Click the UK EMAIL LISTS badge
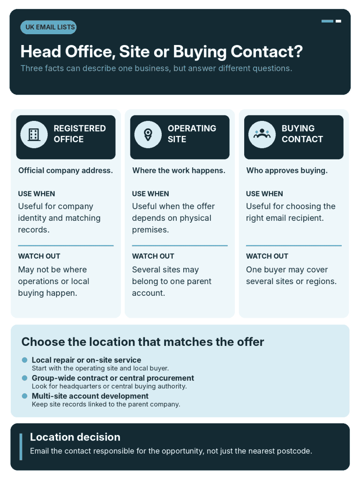pos(48,27)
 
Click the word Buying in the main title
pos(200,52)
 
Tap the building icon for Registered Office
pos(34,135)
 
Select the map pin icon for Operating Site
pos(148,135)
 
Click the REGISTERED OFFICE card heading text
pos(80,134)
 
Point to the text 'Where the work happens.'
pos(179,171)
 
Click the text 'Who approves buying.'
pos(287,171)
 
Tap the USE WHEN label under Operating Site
pos(150,194)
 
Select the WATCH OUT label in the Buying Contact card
pos(267,256)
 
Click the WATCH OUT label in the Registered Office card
pos(39,256)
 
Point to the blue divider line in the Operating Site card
pos(180,246)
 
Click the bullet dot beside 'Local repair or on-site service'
pos(25,360)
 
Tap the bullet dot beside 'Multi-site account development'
pos(25,396)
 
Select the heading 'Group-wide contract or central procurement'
pos(113,378)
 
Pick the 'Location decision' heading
pos(75,437)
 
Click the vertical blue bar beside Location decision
pos(21,447)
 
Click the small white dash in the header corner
pos(338,21)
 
